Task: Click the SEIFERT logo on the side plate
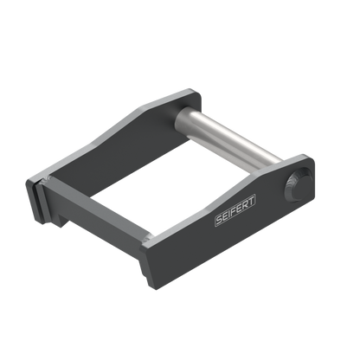(x=235, y=209)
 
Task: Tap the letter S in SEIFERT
(x=219, y=220)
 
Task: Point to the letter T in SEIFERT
(x=251, y=200)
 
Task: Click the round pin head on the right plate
(x=298, y=184)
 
